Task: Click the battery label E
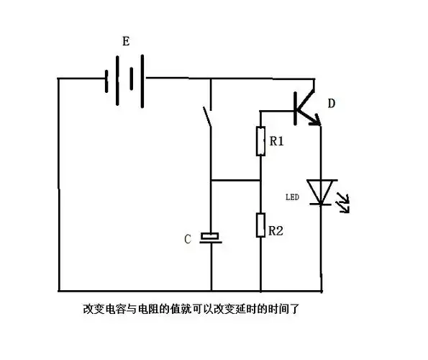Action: (x=126, y=42)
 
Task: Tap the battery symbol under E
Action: (x=125, y=78)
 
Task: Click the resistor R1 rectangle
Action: (x=260, y=141)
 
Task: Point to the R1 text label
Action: (x=277, y=142)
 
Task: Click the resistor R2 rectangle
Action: (x=260, y=225)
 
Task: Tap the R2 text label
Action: (x=277, y=231)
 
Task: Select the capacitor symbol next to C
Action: (x=211, y=238)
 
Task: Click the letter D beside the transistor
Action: (x=332, y=104)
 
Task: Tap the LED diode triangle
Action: (x=320, y=192)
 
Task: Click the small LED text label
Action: (x=292, y=196)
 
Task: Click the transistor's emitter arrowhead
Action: (x=314, y=122)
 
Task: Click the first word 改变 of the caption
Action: (x=91, y=310)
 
